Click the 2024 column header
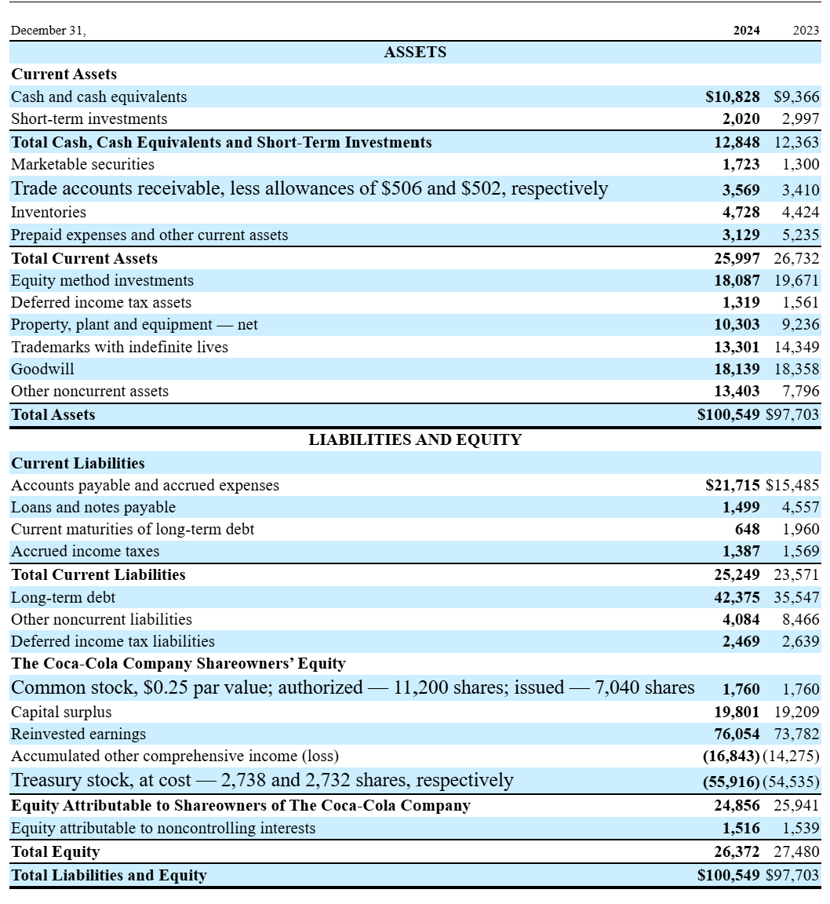point(746,31)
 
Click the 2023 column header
point(806,31)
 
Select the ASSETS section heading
point(415,53)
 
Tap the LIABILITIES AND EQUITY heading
point(415,440)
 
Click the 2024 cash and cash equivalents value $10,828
point(733,97)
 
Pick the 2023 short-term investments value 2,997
point(800,119)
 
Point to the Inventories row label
point(49,213)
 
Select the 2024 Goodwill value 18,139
point(737,369)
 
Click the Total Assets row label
point(53,415)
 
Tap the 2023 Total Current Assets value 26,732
point(796,259)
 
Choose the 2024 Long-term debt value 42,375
point(737,597)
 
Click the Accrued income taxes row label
point(85,552)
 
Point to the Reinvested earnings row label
point(78,734)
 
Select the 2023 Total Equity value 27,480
point(796,852)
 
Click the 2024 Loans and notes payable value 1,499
point(741,508)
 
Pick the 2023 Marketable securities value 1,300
point(800,165)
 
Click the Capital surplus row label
point(61,713)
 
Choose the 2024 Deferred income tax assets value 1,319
point(741,303)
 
